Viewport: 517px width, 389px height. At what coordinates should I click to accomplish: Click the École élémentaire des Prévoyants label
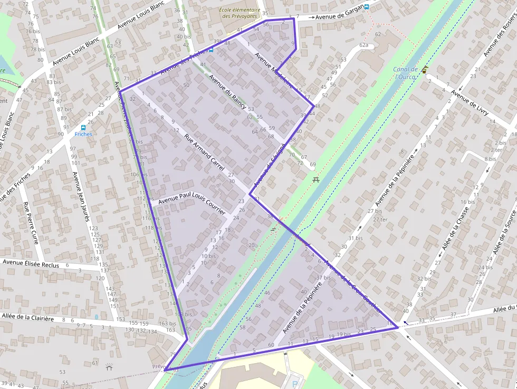(240, 13)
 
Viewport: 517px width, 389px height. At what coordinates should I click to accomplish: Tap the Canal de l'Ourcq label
(405, 73)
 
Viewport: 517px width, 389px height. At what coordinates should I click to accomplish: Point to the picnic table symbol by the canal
(316, 179)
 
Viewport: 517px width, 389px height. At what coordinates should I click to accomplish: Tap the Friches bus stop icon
(83, 127)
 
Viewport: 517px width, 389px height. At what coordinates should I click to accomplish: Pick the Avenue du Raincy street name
(227, 91)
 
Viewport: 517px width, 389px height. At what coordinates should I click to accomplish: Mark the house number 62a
(363, 45)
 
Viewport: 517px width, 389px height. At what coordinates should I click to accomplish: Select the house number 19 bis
(343, 334)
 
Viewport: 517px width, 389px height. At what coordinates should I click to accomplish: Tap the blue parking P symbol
(295, 384)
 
